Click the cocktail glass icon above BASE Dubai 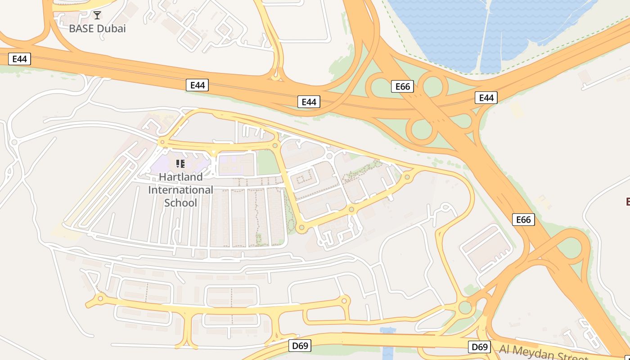tap(97, 15)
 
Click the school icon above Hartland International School tap(180, 163)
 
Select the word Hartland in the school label tap(180, 176)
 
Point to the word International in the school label tap(180, 189)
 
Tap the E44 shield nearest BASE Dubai tap(19, 58)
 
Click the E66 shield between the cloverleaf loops tap(402, 86)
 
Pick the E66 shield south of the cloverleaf tap(523, 219)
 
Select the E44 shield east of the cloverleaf tap(486, 98)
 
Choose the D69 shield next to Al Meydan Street tap(479, 347)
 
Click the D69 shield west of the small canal tap(299, 346)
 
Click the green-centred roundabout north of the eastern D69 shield tap(465, 308)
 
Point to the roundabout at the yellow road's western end tap(100, 298)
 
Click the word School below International tap(180, 202)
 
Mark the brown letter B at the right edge tap(627, 201)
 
